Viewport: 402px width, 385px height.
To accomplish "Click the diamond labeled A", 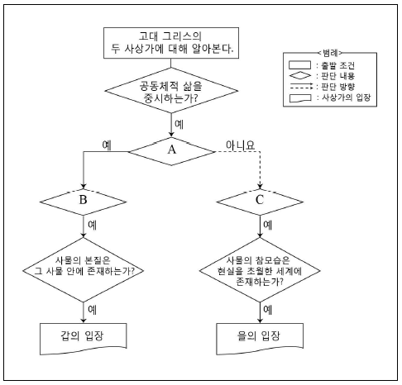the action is click(171, 151).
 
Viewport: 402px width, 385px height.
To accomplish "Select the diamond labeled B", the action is click(83, 202).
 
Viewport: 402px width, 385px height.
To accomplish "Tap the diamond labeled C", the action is click(260, 202).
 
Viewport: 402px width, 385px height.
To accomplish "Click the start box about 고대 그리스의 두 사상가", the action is click(171, 43).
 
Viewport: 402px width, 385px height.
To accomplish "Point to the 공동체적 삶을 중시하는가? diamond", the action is click(171, 91).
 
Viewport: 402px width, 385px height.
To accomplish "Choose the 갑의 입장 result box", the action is click(83, 339).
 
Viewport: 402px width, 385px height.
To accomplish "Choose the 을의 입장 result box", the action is click(260, 339).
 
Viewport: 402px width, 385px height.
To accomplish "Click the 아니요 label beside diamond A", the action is click(240, 145).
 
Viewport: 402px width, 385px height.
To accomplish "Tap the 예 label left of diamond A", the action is click(107, 145).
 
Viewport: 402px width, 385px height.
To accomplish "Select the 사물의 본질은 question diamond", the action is click(83, 270).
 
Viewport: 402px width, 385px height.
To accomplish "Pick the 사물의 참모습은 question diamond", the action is click(260, 270).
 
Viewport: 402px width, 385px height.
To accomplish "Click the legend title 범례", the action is click(330, 53).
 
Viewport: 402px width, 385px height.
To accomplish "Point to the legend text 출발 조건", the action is click(338, 65).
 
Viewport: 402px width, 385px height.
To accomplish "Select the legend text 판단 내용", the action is click(338, 76).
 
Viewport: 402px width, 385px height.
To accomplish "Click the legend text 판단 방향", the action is click(338, 87).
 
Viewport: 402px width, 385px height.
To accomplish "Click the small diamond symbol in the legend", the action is click(300, 75).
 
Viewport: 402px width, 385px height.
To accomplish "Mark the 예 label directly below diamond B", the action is click(93, 225).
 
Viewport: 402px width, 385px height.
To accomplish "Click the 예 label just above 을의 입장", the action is click(268, 310).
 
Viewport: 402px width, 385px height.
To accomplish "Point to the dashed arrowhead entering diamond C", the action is click(260, 186).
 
